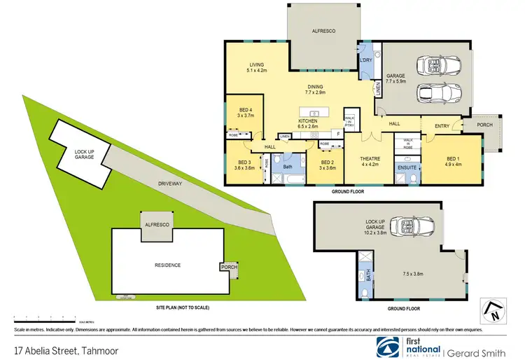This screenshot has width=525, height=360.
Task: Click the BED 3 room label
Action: coord(244,165)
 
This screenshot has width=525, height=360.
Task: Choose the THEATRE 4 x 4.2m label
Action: coord(370,160)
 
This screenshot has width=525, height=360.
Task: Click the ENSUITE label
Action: coord(407,168)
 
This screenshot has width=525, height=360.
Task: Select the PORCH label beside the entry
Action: coord(484,125)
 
